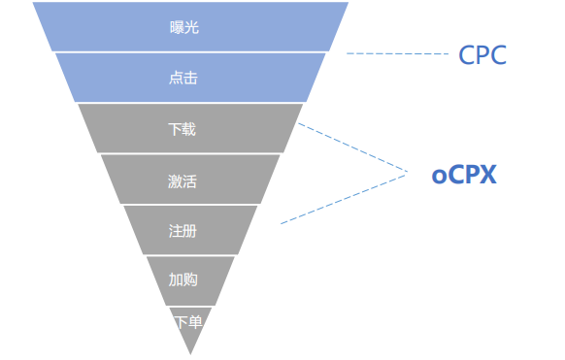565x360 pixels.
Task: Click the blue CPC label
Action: (482, 55)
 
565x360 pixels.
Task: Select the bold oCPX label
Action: (464, 176)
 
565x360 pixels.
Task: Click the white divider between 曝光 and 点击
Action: (190, 52)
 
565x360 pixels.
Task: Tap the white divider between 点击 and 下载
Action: (190, 103)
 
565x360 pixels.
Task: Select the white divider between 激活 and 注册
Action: (190, 205)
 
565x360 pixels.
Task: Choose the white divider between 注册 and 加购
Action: (190, 255)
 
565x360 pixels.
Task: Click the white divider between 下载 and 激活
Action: (190, 153)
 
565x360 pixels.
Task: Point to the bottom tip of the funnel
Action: (190, 351)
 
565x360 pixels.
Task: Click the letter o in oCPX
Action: (439, 178)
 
